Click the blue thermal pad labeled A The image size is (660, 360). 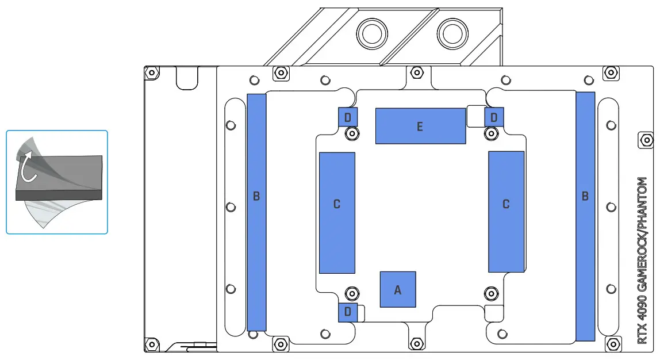pos(398,289)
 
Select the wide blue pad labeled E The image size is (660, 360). pos(420,126)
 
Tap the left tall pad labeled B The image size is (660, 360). pos(256,212)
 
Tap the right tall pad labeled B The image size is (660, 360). pos(585,215)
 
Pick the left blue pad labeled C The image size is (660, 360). pos(337,213)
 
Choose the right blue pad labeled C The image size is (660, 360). pos(506,212)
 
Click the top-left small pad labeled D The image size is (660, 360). pos(348,117)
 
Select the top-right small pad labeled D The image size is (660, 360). pos(494,117)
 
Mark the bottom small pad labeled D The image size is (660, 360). pos(348,312)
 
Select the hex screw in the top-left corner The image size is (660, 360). pos(152,73)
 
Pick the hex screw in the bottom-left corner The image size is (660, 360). pos(152,344)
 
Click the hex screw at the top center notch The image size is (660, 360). pos(417,72)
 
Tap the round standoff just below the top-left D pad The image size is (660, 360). pos(351,133)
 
